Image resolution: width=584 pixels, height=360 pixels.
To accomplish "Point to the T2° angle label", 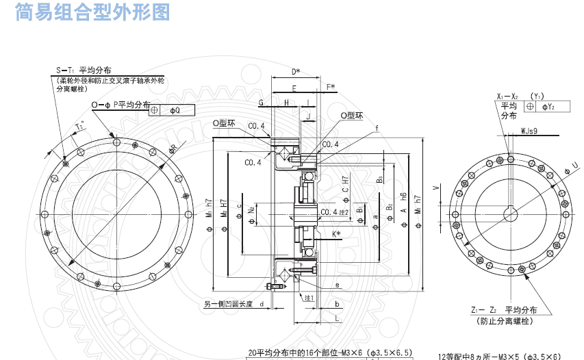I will [79, 127].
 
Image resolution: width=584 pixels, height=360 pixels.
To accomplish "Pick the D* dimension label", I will [296, 71].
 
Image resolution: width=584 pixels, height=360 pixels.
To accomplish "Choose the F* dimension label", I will [331, 86].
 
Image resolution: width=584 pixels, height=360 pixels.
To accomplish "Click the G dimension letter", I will [261, 102].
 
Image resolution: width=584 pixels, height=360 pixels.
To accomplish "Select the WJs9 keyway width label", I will [529, 129].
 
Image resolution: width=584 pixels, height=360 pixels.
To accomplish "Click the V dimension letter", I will [436, 186].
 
